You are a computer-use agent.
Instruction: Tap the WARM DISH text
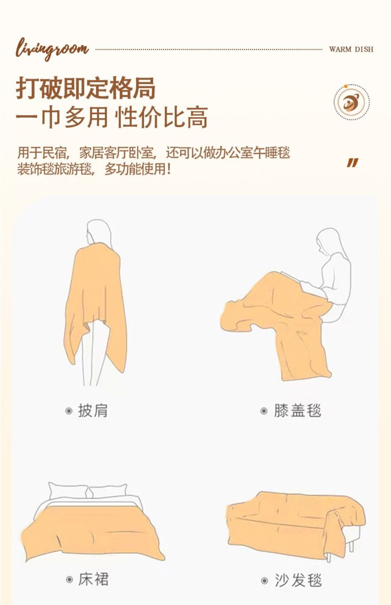[x=351, y=49]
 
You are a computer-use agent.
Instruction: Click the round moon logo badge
[x=351, y=102]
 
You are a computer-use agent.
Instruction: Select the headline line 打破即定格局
[x=86, y=88]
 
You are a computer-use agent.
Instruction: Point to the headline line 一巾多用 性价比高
[x=112, y=117]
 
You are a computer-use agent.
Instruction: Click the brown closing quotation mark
[x=353, y=163]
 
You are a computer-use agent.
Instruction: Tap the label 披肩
[x=93, y=411]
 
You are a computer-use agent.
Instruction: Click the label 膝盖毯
[x=298, y=411]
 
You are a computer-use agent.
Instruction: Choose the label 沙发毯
[x=299, y=580]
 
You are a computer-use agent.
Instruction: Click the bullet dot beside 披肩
[x=69, y=411]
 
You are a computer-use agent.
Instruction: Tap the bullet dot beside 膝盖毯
[x=264, y=411]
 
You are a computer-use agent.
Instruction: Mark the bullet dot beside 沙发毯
[x=265, y=580]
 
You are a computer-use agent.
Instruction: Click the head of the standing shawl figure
[x=99, y=233]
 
